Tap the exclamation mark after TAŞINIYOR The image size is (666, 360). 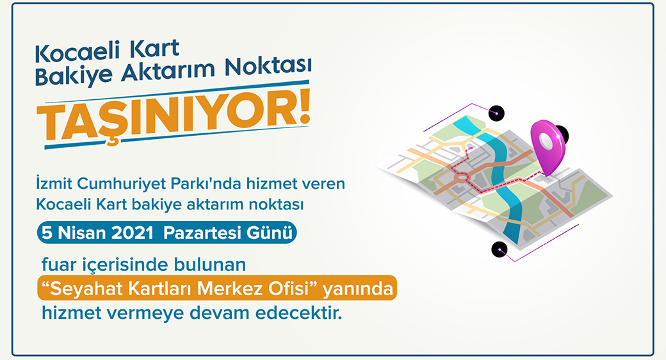(x=302, y=109)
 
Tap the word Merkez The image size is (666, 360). (x=230, y=289)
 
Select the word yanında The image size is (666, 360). (x=358, y=289)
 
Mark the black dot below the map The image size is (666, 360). (x=499, y=249)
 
